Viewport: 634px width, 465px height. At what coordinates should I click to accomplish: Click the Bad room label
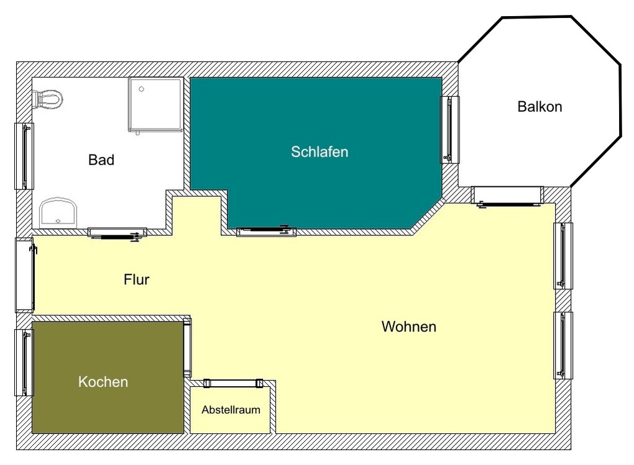101,160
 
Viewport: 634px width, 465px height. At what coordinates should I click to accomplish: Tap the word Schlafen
319,152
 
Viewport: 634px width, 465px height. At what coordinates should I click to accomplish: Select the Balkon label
540,107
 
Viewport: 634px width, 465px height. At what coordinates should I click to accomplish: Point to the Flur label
136,279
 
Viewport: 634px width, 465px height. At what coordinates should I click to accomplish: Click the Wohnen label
409,327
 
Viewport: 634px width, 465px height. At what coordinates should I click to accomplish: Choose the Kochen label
103,382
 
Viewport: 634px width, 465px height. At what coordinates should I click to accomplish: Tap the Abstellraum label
231,410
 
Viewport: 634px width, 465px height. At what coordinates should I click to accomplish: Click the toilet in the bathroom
47,99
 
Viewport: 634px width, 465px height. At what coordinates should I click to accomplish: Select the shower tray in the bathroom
155,105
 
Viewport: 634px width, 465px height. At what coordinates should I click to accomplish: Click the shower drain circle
141,89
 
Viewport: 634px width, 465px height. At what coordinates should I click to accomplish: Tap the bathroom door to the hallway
117,233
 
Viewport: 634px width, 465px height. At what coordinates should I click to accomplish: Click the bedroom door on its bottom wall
266,231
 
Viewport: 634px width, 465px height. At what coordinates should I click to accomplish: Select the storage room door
233,384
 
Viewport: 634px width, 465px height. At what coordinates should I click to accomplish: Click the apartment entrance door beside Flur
25,275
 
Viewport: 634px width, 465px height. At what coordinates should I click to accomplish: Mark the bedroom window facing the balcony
449,130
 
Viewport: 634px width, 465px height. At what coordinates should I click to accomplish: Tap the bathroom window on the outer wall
24,156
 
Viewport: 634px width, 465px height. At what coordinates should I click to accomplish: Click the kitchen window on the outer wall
24,363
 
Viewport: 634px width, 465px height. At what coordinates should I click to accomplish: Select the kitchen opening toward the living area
187,348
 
